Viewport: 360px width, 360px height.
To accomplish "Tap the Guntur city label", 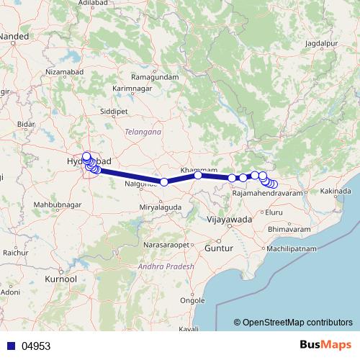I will (220, 248).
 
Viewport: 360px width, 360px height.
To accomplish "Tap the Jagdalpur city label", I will (321, 44).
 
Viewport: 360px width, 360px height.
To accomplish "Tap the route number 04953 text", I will (36, 346).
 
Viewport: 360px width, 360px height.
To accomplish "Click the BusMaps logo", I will (322, 345).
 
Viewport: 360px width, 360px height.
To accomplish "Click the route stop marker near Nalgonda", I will (163, 182).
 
